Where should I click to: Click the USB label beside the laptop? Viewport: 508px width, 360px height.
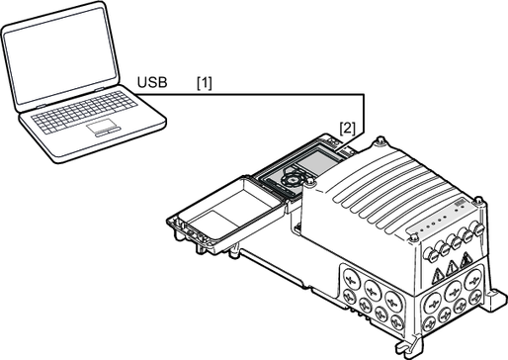[x=152, y=82]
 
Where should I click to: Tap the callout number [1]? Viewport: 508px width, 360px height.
[x=205, y=83]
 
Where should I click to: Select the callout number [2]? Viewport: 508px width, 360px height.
[x=348, y=129]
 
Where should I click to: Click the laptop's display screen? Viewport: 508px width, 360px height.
[x=60, y=55]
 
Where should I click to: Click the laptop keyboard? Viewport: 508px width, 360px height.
[x=84, y=112]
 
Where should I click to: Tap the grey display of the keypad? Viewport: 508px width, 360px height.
[x=319, y=161]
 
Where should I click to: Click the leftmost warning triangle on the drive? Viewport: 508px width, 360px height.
[x=438, y=276]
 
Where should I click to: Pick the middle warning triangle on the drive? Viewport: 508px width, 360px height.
[x=452, y=268]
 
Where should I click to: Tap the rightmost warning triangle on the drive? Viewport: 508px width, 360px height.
[x=466, y=260]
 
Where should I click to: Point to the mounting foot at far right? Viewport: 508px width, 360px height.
[x=495, y=298]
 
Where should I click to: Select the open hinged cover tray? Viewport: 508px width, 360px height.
[x=227, y=212]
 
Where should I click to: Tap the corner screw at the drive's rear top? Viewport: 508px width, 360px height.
[x=381, y=140]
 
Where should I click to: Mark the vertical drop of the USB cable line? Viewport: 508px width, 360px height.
[x=364, y=114]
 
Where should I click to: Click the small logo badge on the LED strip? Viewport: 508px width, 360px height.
[x=459, y=203]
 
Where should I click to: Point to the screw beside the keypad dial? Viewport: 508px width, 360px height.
[x=309, y=181]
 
